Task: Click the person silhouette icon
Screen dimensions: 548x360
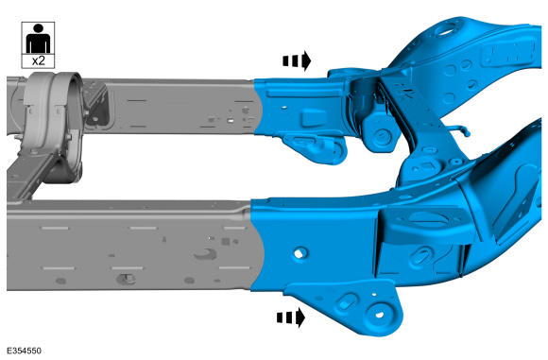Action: point(38,39)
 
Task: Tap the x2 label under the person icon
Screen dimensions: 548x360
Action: point(38,60)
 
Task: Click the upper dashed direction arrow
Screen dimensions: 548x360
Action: point(297,60)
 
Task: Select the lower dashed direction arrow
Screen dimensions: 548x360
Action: point(291,317)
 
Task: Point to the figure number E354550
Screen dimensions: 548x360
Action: point(24,351)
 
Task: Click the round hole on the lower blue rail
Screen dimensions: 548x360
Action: point(300,253)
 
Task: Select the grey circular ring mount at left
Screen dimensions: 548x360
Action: point(52,128)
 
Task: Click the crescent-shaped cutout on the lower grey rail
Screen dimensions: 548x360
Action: point(207,255)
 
